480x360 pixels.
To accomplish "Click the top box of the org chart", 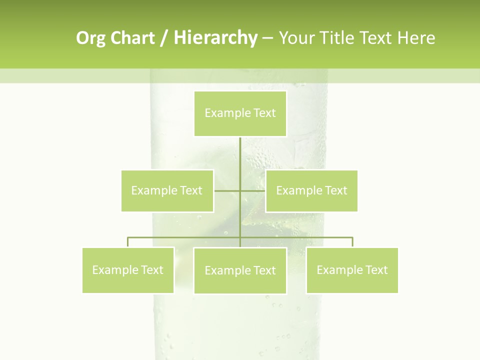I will (240, 113).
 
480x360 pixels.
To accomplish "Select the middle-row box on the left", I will (167, 190).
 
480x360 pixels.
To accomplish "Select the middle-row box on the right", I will (311, 190).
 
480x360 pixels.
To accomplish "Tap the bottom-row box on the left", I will (128, 270).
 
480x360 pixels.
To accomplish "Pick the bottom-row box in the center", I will (240, 270).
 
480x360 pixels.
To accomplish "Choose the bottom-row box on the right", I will (352, 270).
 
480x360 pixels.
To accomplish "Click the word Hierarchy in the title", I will (215, 38).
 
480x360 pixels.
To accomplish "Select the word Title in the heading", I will (339, 38).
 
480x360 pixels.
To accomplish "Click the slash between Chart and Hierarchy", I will (163, 38).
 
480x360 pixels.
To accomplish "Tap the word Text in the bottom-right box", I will (377, 270).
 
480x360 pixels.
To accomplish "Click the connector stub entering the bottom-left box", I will (128, 242).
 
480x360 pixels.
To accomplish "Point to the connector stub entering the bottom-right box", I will (352, 242).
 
